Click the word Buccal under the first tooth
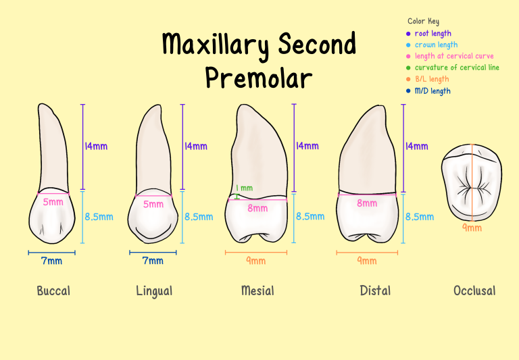pos(53,291)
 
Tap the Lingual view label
pos(154,291)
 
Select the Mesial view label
pos(257,291)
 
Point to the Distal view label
pos(375,291)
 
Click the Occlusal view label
pos(474,291)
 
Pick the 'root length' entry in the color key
pos(432,34)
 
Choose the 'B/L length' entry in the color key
pos(432,79)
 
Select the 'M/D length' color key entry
pos(432,91)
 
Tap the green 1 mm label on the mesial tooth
pos(244,188)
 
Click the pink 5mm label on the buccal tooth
pos(53,202)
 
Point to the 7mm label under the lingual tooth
pos(153,261)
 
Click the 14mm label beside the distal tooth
pos(416,146)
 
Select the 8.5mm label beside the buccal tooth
pos(99,217)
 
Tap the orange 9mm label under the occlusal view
pos(472,228)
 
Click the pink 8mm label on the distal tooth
pos(367,203)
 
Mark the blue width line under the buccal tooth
pos(52,253)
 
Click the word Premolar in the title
pos(259,78)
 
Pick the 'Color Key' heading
pos(423,22)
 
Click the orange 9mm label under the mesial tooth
pos(255,261)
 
